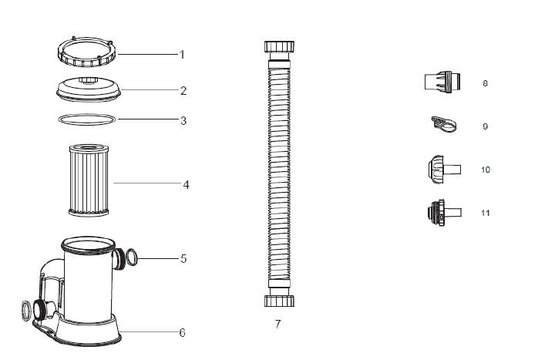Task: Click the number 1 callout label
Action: (182, 55)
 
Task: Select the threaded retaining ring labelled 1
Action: (86, 52)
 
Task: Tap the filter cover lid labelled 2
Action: (89, 89)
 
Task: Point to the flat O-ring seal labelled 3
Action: (86, 119)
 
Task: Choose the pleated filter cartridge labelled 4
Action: (89, 180)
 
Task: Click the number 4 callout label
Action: (187, 184)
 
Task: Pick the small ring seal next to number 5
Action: (131, 257)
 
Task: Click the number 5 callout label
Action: (183, 259)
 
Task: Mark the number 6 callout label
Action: (182, 333)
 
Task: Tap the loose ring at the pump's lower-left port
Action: (26, 311)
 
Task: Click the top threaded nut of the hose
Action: (279, 47)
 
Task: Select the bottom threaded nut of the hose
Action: (279, 301)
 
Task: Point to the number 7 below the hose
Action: (277, 324)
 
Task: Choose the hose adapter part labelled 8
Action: (442, 82)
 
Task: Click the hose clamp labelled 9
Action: (443, 124)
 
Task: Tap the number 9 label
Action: (486, 126)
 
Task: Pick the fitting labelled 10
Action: (445, 169)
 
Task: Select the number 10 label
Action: (486, 170)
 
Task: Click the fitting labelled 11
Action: (445, 213)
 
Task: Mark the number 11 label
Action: (486, 213)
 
